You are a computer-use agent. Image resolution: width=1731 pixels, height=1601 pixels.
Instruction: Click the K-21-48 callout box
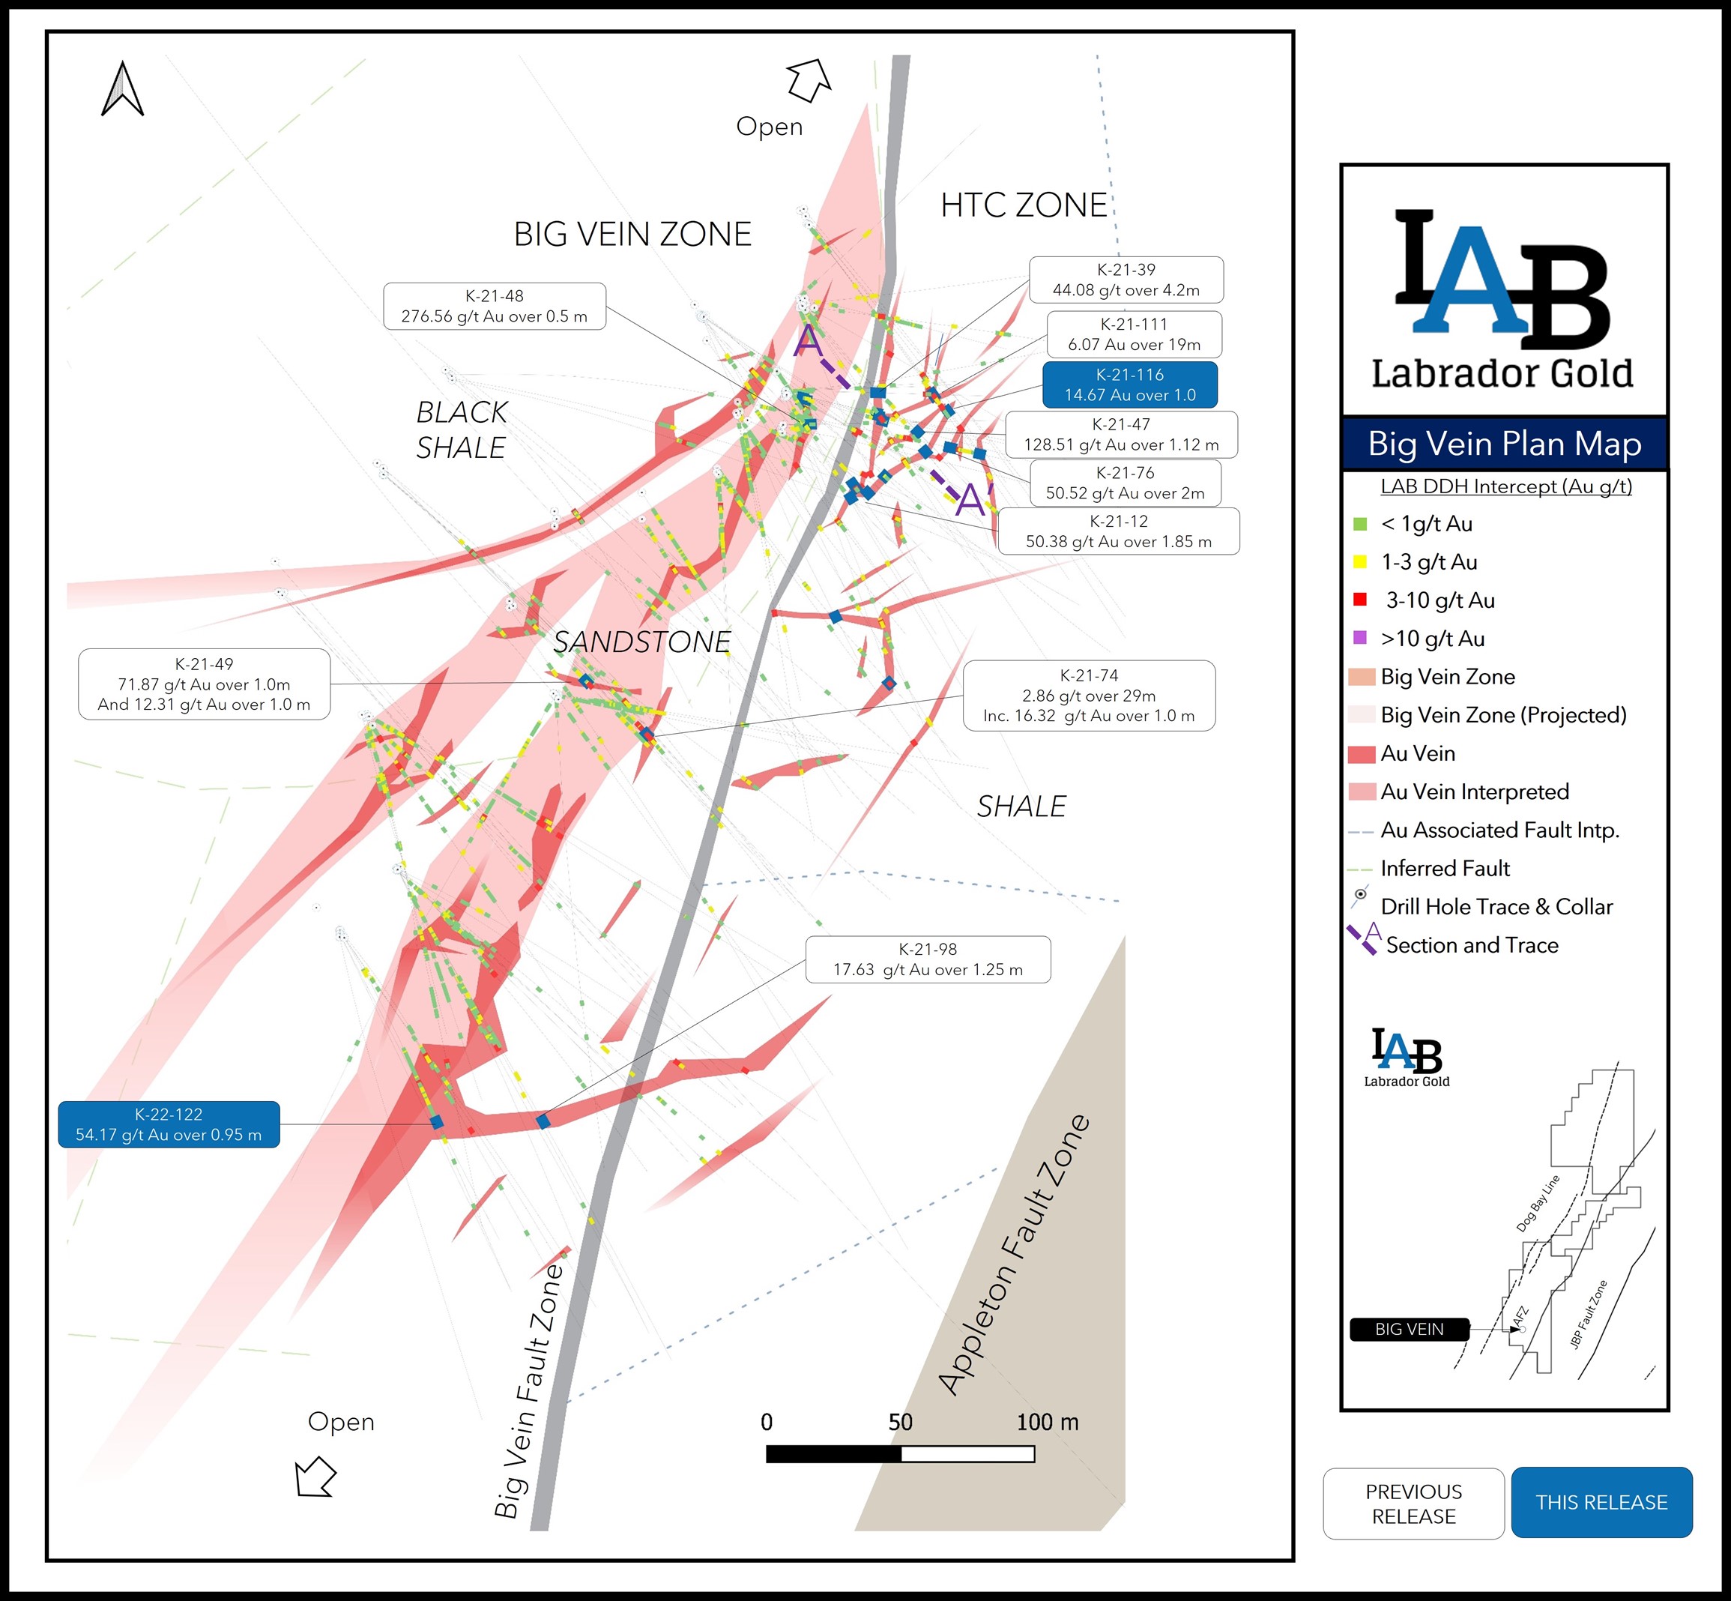(x=495, y=306)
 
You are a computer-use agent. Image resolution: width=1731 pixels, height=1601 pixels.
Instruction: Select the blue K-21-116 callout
(x=1129, y=385)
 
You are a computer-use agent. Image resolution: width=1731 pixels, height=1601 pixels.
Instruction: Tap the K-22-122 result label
(x=169, y=1124)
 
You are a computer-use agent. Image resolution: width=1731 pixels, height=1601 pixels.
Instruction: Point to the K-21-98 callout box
(x=928, y=959)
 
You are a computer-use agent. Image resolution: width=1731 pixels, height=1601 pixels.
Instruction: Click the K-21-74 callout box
(x=1089, y=696)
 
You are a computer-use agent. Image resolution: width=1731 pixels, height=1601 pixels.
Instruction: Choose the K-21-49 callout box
(x=205, y=684)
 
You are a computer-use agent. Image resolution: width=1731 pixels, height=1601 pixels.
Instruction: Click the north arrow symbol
(x=122, y=89)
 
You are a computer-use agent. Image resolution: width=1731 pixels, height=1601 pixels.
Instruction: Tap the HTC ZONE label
(x=1024, y=205)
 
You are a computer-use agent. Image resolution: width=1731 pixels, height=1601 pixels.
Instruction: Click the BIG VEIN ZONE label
(x=632, y=234)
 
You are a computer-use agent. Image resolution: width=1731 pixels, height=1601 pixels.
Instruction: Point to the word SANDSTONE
(x=641, y=642)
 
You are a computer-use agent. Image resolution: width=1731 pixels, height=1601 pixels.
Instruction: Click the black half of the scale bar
(x=833, y=1455)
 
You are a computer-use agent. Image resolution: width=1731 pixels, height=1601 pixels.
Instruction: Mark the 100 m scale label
(x=1047, y=1423)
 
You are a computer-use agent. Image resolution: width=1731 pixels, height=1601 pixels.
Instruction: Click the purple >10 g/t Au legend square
(x=1359, y=638)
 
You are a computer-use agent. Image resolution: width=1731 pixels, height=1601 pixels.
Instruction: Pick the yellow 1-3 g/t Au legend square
(x=1359, y=561)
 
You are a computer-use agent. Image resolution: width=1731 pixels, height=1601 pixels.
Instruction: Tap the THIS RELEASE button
(x=1601, y=1502)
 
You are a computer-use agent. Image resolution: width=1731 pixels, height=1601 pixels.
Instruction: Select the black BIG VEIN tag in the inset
(x=1409, y=1329)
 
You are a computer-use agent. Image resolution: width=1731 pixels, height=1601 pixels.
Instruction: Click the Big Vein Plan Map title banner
(x=1504, y=444)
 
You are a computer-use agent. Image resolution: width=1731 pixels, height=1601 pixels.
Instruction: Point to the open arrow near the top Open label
(x=808, y=79)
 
